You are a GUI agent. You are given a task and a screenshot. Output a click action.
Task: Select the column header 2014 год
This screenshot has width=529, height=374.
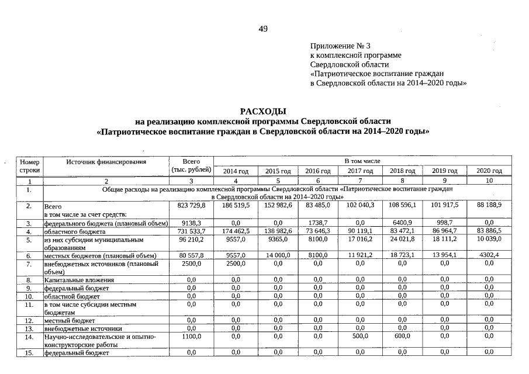(236, 171)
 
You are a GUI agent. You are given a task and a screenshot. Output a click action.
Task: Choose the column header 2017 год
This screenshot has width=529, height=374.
(360, 171)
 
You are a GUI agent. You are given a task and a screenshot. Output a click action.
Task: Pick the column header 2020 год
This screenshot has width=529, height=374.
(489, 171)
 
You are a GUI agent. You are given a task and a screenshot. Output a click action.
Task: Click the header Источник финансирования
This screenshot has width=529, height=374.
(105, 160)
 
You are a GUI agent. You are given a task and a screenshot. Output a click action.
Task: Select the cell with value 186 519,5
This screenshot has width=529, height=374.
(236, 206)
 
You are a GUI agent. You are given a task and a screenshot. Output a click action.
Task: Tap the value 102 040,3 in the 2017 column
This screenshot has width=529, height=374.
(360, 206)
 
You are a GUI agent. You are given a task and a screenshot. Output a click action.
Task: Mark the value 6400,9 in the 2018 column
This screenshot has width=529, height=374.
(403, 223)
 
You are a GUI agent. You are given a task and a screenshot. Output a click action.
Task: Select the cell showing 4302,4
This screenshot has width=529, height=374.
(489, 255)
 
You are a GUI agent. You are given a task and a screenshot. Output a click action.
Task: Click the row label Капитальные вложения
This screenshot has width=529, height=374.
(79, 280)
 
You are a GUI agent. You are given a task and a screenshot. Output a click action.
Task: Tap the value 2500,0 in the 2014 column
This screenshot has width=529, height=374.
(236, 264)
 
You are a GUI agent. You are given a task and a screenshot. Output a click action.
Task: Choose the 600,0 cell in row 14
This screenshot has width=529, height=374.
(403, 337)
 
